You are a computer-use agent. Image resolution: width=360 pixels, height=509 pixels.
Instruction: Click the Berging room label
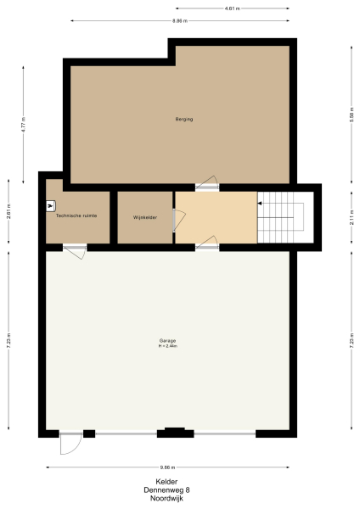pyautogui.click(x=184, y=119)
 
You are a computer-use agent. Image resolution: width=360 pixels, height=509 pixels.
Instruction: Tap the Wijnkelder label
pyautogui.click(x=145, y=217)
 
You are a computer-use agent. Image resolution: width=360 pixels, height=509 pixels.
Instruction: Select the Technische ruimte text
pyautogui.click(x=76, y=216)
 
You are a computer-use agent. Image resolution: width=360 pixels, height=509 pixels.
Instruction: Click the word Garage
pyautogui.click(x=166, y=341)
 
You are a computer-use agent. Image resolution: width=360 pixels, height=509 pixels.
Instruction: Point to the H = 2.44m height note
pyautogui.click(x=166, y=346)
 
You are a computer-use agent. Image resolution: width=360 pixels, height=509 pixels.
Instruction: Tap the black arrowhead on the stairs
pyautogui.click(x=261, y=204)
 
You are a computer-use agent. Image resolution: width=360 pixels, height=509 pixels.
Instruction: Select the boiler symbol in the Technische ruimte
pyautogui.click(x=51, y=205)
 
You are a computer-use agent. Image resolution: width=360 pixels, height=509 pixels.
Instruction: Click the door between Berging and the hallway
pyautogui.click(x=207, y=184)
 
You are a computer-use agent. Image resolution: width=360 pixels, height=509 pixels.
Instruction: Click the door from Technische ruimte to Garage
pyautogui.click(x=75, y=249)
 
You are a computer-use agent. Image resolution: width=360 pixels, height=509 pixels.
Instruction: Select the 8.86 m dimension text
pyautogui.click(x=179, y=20)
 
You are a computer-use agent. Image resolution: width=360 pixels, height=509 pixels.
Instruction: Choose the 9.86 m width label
pyautogui.click(x=167, y=467)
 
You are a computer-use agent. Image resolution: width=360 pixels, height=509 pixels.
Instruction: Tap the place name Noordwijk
pyautogui.click(x=166, y=498)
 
